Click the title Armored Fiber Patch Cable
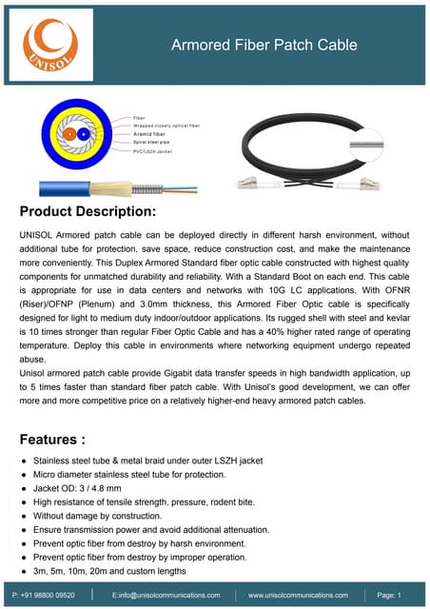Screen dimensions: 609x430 [x=264, y=45]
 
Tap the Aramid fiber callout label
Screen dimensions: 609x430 [x=149, y=134]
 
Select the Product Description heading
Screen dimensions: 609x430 [x=88, y=210]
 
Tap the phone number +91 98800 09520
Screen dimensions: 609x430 [x=46, y=595]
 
